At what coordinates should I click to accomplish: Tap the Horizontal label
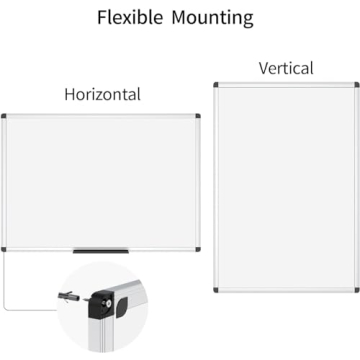tap(102, 95)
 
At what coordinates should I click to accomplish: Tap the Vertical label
tap(286, 69)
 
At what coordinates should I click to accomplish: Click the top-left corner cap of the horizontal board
tap(6, 116)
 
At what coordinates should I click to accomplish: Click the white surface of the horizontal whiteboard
tap(100, 180)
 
